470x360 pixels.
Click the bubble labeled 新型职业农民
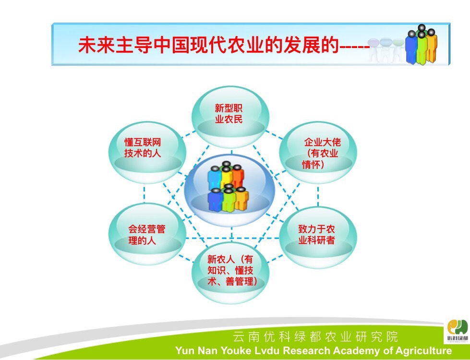[230, 117]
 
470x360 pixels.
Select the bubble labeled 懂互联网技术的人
[147, 152]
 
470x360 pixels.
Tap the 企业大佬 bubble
[318, 152]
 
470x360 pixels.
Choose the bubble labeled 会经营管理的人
[147, 234]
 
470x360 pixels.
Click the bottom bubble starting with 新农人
[230, 273]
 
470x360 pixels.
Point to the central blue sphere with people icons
[229, 190]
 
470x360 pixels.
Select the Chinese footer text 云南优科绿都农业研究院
[315, 337]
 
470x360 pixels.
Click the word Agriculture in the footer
[423, 351]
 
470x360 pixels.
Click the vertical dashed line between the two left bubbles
[145, 193]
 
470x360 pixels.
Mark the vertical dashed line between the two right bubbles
[318, 195]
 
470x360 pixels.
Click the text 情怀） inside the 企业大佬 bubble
[313, 165]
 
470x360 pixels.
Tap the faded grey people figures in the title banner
[386, 49]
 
